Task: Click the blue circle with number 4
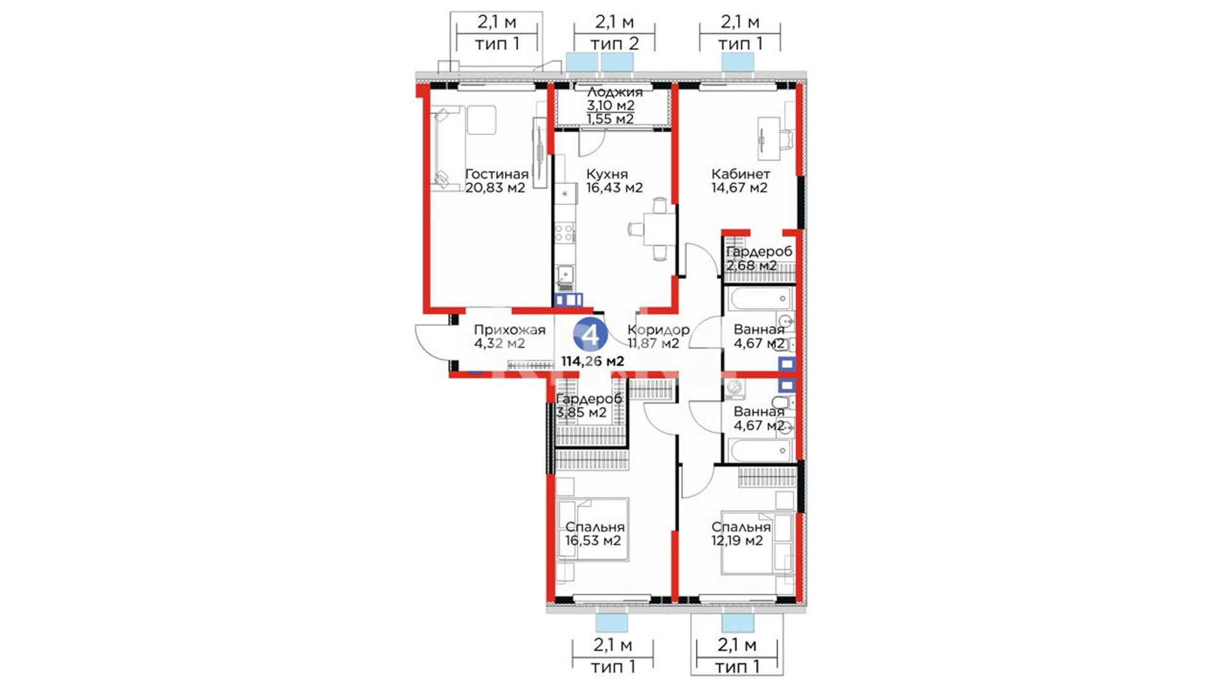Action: pos(590,334)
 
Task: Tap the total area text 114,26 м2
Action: pos(593,361)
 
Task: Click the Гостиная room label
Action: pos(497,174)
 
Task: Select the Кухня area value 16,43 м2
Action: pos(614,188)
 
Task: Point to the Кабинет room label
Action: pos(741,174)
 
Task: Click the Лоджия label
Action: pos(614,92)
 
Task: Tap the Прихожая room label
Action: pos(510,330)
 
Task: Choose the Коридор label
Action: pos(658,330)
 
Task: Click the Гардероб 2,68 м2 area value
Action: pos(751,266)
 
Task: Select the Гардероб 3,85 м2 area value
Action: pos(581,413)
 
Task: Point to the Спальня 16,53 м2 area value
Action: pos(593,541)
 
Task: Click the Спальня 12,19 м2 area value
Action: pos(737,541)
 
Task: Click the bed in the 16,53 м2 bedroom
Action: pos(593,530)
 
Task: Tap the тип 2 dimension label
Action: pos(614,44)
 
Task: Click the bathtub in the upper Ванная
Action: pos(759,298)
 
